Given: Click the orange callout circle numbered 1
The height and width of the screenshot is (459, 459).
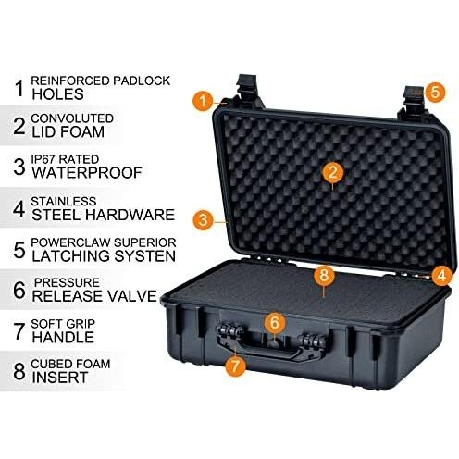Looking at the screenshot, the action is tap(203, 101).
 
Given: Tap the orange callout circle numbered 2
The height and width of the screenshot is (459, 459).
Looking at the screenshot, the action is tap(332, 172).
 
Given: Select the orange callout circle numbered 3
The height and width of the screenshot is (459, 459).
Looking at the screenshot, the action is tap(203, 220).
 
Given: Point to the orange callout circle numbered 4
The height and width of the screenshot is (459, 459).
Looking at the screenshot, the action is tap(441, 275).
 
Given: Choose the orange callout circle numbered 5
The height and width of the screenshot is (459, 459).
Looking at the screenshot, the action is tap(435, 92).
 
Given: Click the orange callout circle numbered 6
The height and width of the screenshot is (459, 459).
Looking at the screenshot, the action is tap(275, 323).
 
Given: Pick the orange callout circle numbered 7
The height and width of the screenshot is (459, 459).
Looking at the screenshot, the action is tap(235, 366).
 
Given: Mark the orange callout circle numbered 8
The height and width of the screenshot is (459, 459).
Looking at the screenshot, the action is tap(324, 275).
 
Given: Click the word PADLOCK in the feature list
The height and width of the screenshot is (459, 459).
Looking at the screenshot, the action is tap(142, 81).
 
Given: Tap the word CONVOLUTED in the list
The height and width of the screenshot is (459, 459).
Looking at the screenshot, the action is tap(72, 118).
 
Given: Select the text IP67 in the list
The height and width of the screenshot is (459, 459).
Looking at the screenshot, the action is tap(43, 159).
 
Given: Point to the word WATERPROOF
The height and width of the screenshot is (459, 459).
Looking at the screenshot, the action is tap(87, 173).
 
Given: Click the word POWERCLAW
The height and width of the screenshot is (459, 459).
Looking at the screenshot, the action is tap(70, 242).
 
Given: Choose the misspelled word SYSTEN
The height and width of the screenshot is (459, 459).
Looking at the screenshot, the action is tap(145, 256).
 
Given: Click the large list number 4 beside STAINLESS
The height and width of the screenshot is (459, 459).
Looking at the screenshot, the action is tap(19, 209).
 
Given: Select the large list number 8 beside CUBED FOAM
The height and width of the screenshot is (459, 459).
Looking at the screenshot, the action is tap(19, 371).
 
